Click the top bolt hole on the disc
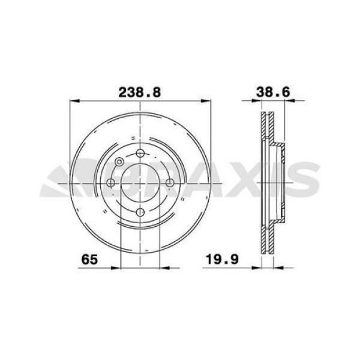click(x=139, y=154)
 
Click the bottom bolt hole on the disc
click(x=139, y=212)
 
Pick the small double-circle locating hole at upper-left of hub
click(x=119, y=161)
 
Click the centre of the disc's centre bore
click(x=139, y=183)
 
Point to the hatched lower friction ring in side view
click(x=266, y=237)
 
